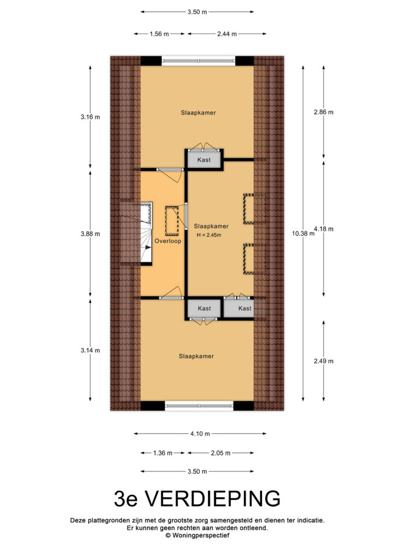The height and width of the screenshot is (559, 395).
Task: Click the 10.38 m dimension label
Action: point(303,234)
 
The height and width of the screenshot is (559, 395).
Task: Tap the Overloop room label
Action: point(167,241)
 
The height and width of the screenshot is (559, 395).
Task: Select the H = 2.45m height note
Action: point(209,235)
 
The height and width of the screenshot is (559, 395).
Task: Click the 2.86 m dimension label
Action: point(324,112)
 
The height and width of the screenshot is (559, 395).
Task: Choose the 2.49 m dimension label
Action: point(324,361)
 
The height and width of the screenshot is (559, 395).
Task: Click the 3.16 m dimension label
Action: point(90,117)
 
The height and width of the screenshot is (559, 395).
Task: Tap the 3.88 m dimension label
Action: point(90,234)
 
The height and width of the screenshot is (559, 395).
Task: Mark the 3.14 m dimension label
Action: point(90,350)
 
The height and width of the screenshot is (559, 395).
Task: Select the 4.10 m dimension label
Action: point(200,434)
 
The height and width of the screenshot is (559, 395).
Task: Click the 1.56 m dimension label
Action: point(159,34)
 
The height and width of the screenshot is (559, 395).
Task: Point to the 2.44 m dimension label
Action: point(227,34)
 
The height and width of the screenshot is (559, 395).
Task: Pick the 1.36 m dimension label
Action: point(163,453)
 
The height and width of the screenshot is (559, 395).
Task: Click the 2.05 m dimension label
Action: point(220,453)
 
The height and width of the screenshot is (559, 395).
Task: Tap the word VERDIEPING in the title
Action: point(213,498)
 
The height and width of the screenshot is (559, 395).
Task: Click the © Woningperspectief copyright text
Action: point(197,535)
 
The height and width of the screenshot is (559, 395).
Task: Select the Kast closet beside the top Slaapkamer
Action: point(204,159)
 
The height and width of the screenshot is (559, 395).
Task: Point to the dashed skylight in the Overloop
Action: point(172,221)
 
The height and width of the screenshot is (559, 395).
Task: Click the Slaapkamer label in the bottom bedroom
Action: point(196,356)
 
